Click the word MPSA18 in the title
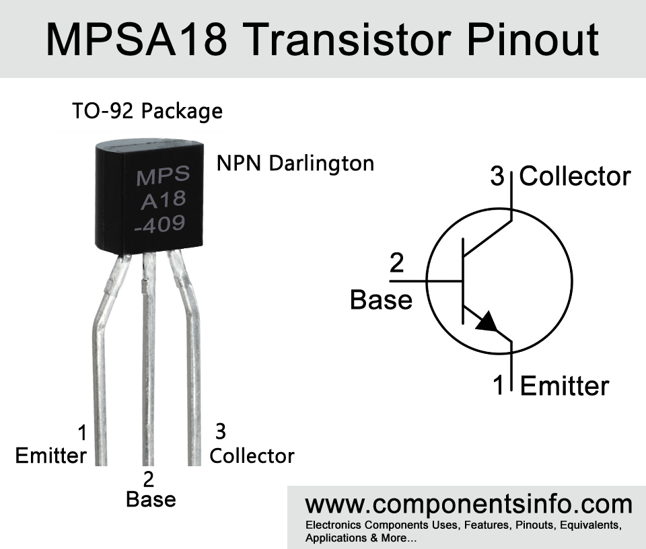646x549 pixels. point(137,40)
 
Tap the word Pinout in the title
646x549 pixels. point(533,40)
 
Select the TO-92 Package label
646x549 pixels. point(147,111)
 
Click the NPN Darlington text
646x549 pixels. point(295,163)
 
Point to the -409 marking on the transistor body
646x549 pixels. point(160,224)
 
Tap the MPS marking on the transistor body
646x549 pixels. point(163,176)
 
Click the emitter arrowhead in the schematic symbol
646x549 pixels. point(487,321)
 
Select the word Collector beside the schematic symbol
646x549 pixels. point(575,176)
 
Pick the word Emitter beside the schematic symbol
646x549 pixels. point(565,386)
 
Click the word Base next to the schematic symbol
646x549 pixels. point(381,299)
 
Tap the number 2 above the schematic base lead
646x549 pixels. point(396,263)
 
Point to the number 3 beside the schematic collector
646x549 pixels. point(497,176)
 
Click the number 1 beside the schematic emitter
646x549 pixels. point(499,385)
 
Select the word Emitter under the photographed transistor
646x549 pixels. point(50,456)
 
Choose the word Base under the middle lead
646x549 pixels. point(151,499)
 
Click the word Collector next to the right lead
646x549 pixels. point(252,456)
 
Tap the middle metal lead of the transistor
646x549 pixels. point(148,359)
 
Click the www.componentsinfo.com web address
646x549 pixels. point(468,505)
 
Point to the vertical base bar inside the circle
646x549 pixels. point(463,281)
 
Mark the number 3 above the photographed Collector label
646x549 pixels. point(221,431)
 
